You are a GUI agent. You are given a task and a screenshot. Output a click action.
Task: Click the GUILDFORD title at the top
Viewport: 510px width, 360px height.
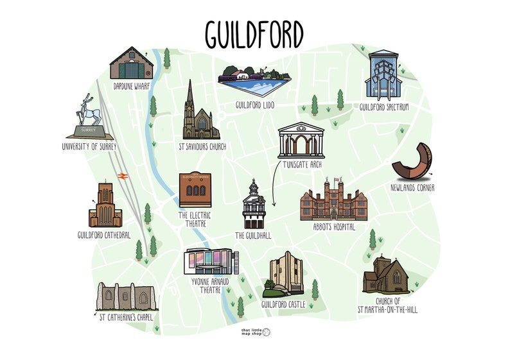[x=254, y=32]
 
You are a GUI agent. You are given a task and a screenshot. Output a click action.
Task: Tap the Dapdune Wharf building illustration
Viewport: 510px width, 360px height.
[x=132, y=63]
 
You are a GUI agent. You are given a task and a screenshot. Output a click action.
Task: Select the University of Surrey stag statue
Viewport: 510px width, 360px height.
[x=90, y=117]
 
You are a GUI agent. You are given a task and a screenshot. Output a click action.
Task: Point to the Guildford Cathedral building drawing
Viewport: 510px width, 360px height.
[x=105, y=205]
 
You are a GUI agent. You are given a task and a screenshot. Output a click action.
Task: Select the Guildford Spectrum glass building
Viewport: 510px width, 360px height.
[x=383, y=75]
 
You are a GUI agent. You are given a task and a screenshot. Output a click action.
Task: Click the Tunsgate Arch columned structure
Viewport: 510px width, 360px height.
[x=301, y=140]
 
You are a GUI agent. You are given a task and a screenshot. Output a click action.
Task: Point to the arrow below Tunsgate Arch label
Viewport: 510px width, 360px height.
[x=273, y=189]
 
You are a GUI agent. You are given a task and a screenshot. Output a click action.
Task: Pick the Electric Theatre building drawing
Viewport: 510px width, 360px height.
[x=195, y=191]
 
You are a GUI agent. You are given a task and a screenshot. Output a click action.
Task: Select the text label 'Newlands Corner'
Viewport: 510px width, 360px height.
[x=412, y=188]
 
